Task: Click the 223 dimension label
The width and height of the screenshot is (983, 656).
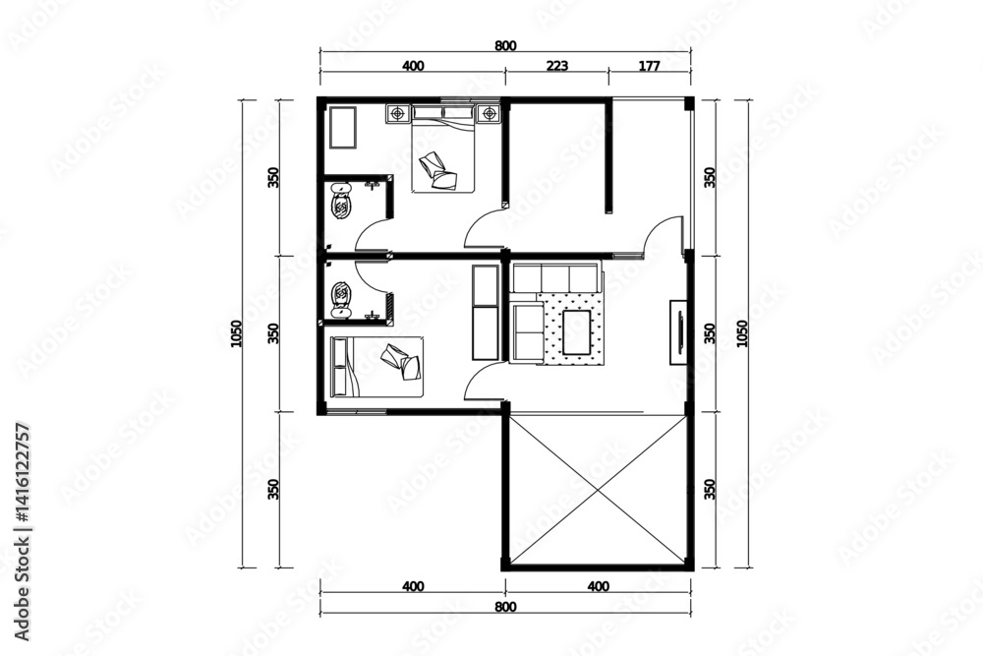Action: (556, 65)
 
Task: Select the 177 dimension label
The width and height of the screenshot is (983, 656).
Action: (649, 65)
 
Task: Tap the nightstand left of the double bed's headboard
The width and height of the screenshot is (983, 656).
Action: (397, 113)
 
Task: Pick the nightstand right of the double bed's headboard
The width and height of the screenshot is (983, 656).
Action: (489, 113)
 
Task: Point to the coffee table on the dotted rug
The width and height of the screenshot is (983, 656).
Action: (577, 331)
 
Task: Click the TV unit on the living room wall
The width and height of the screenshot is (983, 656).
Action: (678, 332)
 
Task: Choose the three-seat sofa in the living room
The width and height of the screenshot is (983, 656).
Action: (554, 277)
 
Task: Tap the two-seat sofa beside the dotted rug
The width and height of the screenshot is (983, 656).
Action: (527, 333)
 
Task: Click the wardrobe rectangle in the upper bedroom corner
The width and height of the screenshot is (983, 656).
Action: (343, 128)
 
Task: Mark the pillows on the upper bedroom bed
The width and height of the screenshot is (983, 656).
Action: (438, 171)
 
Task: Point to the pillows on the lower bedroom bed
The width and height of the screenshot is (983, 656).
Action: (401, 362)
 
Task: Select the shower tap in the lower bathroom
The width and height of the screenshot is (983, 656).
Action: (373, 315)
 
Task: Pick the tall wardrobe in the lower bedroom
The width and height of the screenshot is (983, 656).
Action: (486, 313)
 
